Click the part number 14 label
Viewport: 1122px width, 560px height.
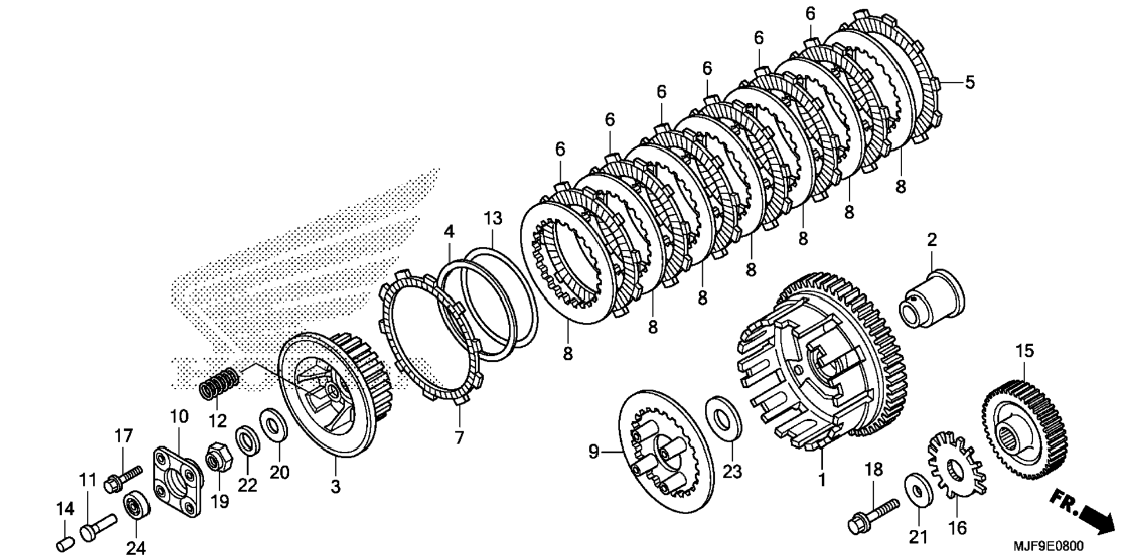click(66, 510)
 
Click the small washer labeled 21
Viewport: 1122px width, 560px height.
click(915, 491)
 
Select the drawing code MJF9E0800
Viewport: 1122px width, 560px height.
click(1048, 547)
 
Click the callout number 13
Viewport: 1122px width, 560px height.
click(493, 219)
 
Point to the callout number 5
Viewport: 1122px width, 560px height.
click(970, 83)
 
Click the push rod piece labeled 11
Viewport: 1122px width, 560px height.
click(96, 526)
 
